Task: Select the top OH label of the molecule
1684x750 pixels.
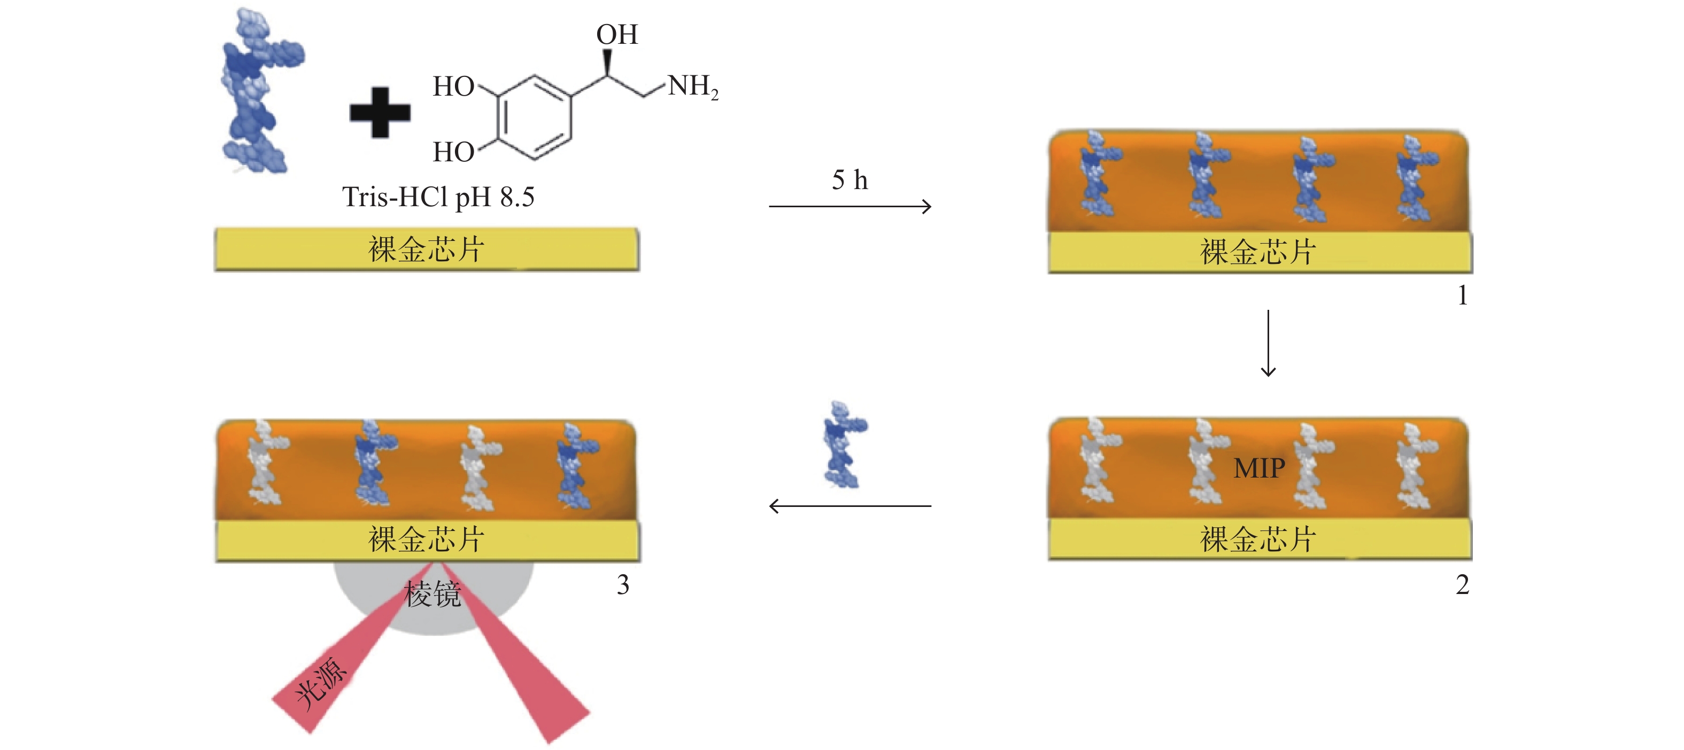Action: pos(616,35)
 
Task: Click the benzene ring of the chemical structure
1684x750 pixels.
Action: pos(534,118)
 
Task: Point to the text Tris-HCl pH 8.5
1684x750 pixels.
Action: pos(438,197)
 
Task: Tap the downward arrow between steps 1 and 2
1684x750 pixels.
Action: pos(1268,343)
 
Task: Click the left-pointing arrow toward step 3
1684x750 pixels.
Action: pos(850,506)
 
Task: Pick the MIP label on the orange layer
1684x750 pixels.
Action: pos(1259,468)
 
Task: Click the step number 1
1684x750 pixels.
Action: pos(1462,296)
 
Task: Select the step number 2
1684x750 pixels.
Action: pos(1462,585)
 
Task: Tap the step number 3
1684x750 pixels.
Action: pos(623,585)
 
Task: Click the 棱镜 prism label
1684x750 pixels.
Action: pos(433,595)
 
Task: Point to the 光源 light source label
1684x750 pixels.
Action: pos(321,683)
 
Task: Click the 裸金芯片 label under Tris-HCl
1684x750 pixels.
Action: pos(426,249)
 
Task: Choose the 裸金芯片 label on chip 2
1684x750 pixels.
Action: pos(1258,540)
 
